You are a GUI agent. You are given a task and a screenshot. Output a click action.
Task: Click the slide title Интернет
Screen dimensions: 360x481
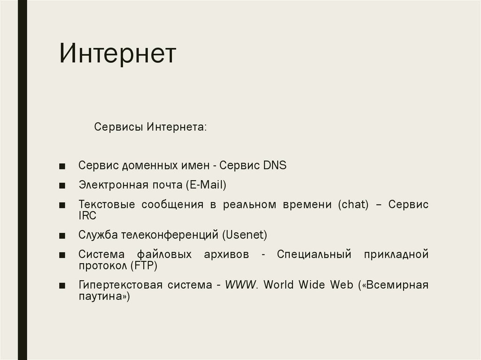tap(117, 54)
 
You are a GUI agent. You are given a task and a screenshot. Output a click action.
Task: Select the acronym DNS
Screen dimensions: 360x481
tap(274, 165)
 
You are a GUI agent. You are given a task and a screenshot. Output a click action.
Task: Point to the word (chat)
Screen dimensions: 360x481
tap(353, 205)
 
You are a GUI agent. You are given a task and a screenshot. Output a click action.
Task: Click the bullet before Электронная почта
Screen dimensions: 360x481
tap(62, 186)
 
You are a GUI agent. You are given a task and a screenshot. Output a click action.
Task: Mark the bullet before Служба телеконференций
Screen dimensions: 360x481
tap(62, 235)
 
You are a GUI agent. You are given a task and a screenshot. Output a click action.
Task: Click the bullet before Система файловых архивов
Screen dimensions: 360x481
tap(62, 255)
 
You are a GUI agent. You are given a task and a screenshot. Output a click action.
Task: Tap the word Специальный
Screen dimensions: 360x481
tap(314, 254)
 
